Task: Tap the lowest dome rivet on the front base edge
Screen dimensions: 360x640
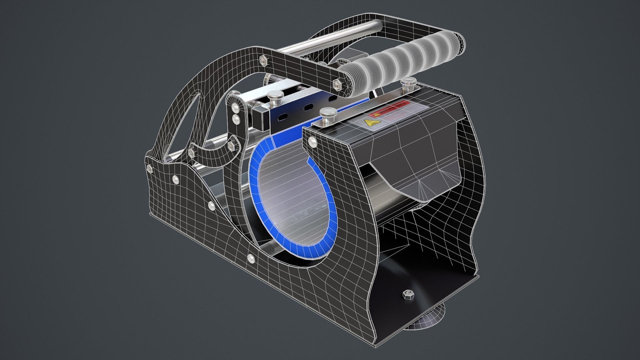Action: click(x=251, y=258)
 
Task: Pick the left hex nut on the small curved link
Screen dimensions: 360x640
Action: click(x=191, y=152)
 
